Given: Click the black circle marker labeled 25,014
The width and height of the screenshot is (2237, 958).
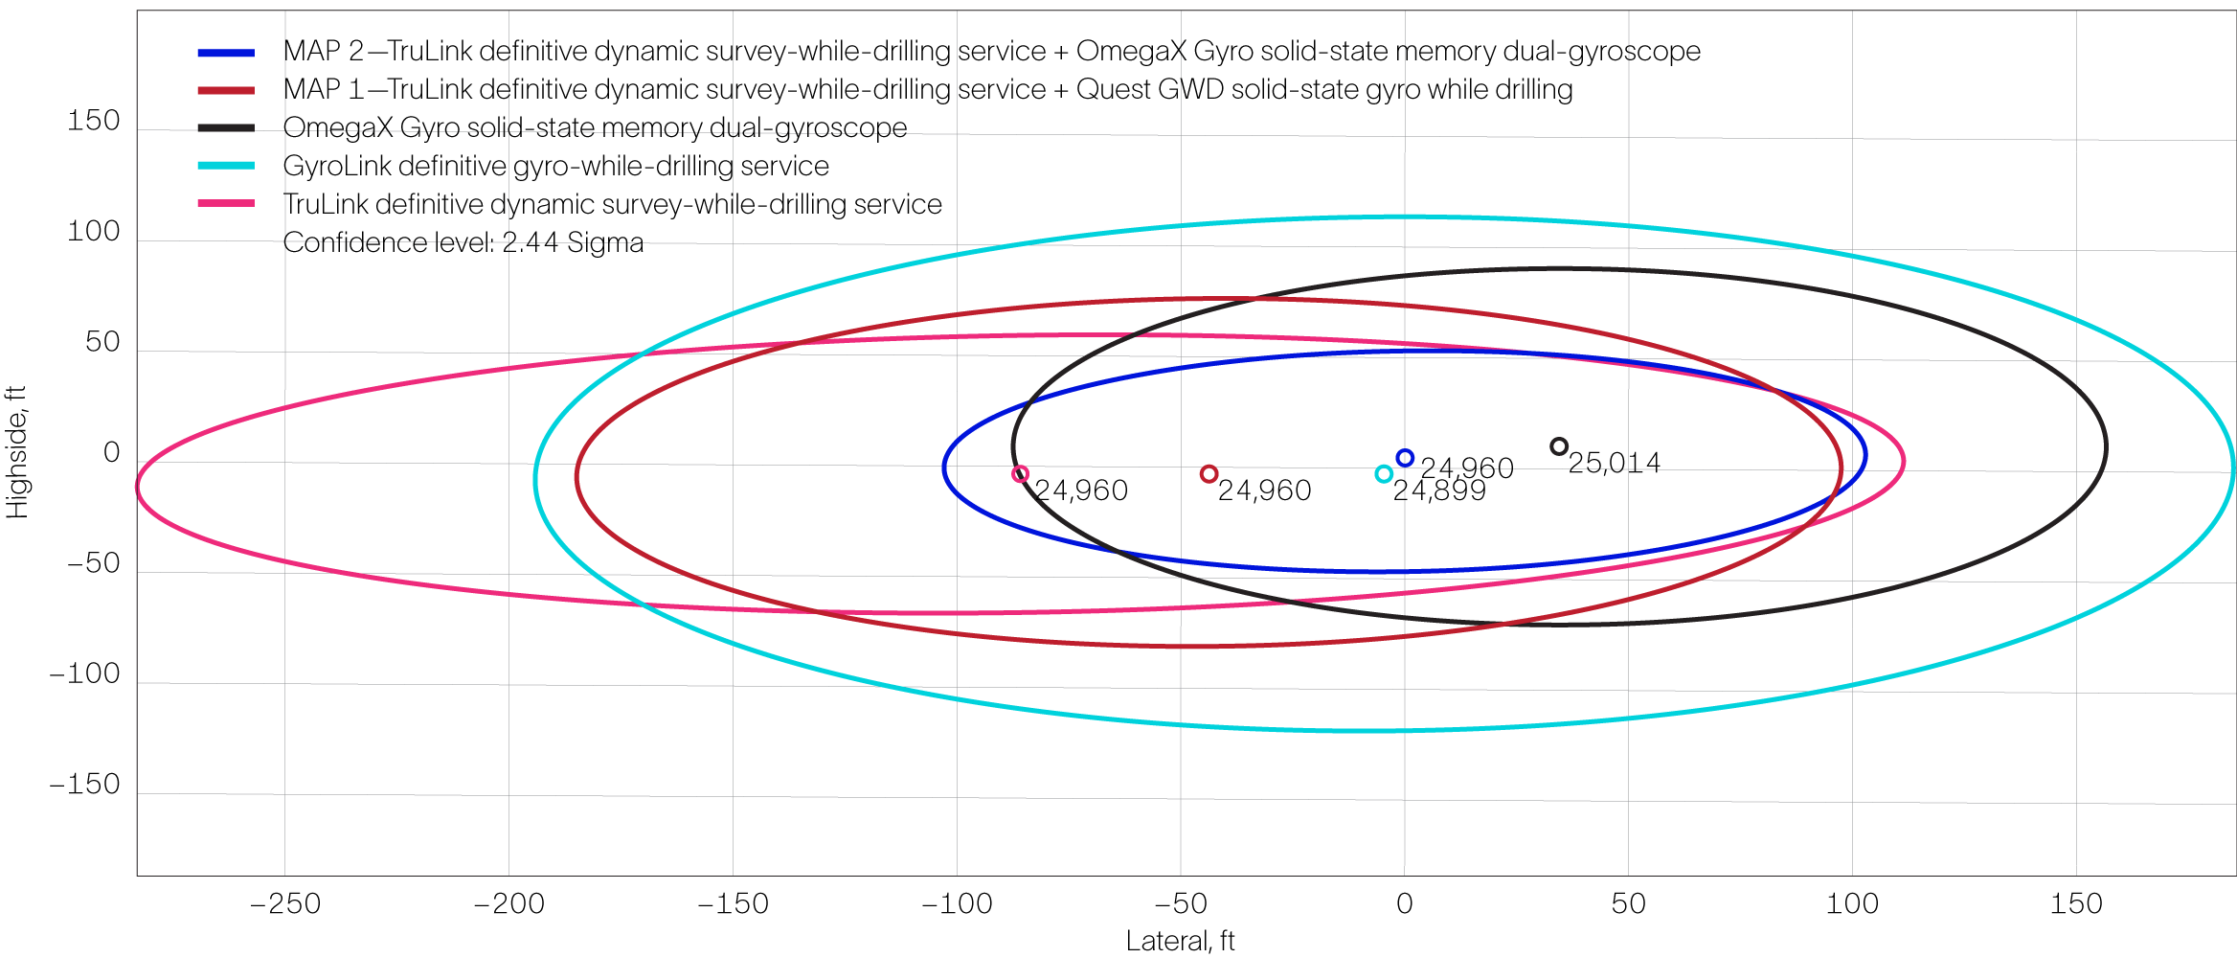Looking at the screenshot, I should point(1559,446).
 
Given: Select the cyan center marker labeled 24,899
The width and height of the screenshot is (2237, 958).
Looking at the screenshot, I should point(1383,473).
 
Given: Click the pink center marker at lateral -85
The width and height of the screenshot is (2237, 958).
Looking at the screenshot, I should point(1020,473).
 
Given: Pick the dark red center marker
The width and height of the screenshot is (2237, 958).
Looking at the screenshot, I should point(1209,473).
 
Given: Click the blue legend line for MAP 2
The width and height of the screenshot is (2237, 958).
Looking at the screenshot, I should point(226,52).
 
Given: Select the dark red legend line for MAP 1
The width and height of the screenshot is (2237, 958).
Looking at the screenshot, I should point(226,90).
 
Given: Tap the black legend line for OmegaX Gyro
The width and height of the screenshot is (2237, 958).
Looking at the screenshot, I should point(226,128).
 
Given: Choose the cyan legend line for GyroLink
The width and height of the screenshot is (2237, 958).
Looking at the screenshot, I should point(226,167).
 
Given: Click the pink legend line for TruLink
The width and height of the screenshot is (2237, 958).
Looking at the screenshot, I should point(226,204).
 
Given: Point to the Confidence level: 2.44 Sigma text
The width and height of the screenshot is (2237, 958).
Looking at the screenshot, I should point(463,242).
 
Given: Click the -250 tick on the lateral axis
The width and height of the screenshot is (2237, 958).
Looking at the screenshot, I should point(285,903).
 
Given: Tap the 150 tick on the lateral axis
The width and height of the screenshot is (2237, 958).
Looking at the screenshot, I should point(2076,903).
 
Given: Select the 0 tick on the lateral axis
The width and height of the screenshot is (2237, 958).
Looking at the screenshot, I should point(1404,903).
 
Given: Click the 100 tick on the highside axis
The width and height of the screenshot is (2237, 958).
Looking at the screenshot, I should point(94,231).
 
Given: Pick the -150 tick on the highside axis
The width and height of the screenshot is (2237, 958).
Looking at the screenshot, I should point(85,785).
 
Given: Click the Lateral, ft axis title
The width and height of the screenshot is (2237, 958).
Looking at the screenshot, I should point(1180,941).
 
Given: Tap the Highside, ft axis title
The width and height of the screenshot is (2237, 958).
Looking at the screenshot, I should point(17,452).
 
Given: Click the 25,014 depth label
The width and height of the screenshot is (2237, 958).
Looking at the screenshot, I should point(1615,463).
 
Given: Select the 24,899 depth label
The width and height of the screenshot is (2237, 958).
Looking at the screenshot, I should point(1439,491).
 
